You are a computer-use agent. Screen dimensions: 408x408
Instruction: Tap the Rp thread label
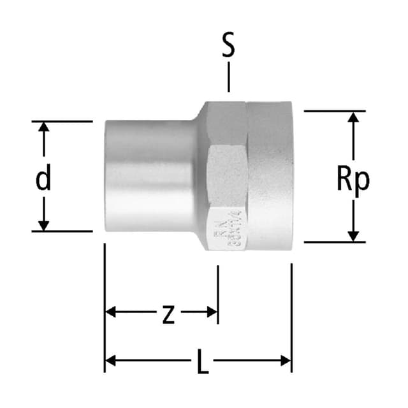(353, 180)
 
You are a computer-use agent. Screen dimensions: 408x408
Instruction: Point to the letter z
(168, 314)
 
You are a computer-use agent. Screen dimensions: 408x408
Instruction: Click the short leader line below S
(228, 79)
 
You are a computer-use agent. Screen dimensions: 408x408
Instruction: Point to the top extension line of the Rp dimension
(334, 111)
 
